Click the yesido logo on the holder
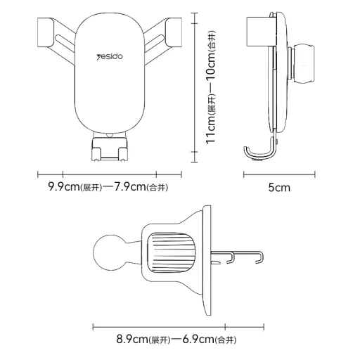(x=110, y=57)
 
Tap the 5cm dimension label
(x=279, y=188)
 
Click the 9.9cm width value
(x=64, y=187)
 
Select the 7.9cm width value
(x=129, y=187)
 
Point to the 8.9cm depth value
(x=132, y=339)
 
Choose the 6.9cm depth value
(x=198, y=339)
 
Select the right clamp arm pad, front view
(x=174, y=32)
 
